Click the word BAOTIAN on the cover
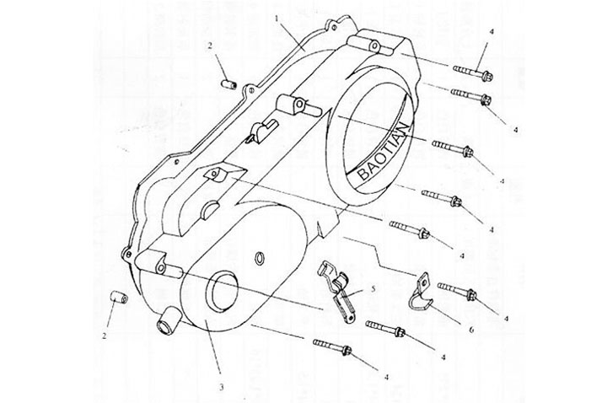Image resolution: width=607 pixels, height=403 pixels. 382,148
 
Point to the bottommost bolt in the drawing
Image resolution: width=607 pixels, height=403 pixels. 331,346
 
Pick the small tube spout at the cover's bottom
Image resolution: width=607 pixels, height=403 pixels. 167,322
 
